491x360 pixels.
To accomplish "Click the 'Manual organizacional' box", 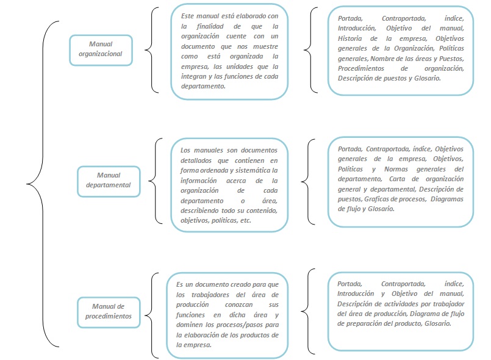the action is point(105,49).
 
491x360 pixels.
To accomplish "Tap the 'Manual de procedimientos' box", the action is point(108,311).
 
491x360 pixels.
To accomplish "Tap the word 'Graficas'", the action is point(378,199).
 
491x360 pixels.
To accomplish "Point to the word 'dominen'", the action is point(191,325).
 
